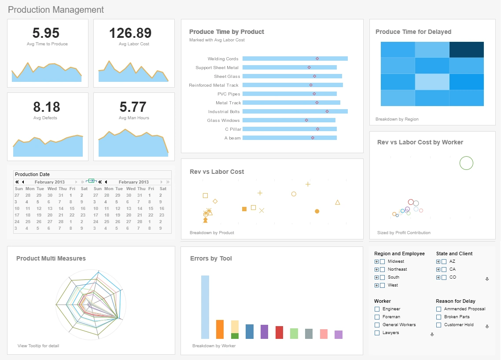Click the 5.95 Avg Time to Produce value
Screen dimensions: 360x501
pyautogui.click(x=46, y=33)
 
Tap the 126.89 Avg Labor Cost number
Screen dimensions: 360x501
pyautogui.click(x=130, y=33)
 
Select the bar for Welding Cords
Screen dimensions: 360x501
pyautogui.click(x=295, y=59)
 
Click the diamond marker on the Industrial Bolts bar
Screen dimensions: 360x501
pyautogui.click(x=327, y=111)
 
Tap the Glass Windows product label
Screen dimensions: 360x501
pyautogui.click(x=223, y=121)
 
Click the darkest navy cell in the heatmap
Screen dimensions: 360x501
pyautogui.click(x=467, y=50)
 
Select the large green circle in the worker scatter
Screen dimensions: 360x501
pyautogui.click(x=466, y=163)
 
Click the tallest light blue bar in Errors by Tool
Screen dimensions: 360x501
pyautogui.click(x=205, y=307)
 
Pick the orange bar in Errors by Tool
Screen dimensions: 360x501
pyautogui.click(x=220, y=329)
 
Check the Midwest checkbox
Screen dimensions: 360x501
pyautogui.click(x=382, y=262)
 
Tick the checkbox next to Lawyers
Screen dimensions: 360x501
pyautogui.click(x=377, y=333)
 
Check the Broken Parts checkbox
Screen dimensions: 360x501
pyautogui.click(x=438, y=317)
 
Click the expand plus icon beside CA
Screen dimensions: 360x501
pyautogui.click(x=438, y=269)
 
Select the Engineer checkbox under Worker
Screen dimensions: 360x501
pyautogui.click(x=377, y=309)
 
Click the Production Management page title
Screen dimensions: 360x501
pyautogui.click(x=56, y=10)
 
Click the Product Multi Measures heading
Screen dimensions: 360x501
pyautogui.click(x=51, y=258)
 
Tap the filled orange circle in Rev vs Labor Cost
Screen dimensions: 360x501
pyautogui.click(x=317, y=211)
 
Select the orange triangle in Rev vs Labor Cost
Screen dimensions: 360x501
pyautogui.click(x=338, y=202)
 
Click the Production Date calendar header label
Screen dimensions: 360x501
pyautogui.click(x=33, y=174)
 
